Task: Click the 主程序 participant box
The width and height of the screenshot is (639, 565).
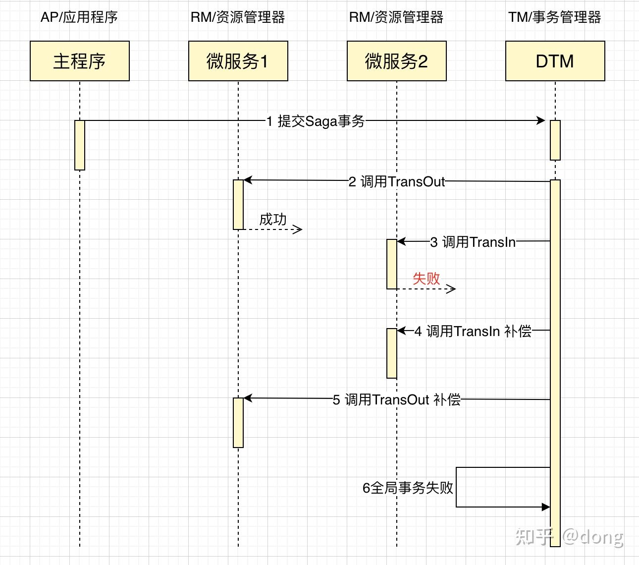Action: point(80,61)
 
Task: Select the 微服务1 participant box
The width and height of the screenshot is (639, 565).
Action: point(238,61)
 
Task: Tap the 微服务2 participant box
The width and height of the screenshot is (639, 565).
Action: point(397,61)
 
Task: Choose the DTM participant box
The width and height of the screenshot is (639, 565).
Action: point(555,61)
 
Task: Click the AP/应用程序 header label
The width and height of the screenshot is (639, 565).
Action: point(79,17)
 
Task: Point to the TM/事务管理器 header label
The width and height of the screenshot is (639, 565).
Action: point(555,17)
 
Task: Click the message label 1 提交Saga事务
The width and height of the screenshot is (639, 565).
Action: point(316,121)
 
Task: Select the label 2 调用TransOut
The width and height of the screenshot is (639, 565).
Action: point(397,182)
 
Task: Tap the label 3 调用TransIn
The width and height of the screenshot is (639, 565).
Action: point(473,242)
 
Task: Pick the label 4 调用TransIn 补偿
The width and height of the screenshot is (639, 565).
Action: point(473,331)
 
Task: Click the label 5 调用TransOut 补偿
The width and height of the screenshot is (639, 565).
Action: point(397,399)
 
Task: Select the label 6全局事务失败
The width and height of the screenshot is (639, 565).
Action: point(408,488)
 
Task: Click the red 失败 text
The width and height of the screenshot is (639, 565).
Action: point(426,279)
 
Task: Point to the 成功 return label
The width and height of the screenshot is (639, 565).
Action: point(273,219)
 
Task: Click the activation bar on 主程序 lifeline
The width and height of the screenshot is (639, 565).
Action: point(80,145)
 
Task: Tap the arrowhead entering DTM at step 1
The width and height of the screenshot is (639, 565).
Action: point(541,120)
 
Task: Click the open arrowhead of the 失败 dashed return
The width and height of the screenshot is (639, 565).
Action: point(451,289)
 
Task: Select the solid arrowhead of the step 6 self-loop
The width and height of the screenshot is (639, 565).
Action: point(546,507)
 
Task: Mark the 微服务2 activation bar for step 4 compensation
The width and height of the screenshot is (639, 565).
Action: point(392,353)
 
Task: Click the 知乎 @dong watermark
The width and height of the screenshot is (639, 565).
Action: point(570,536)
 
